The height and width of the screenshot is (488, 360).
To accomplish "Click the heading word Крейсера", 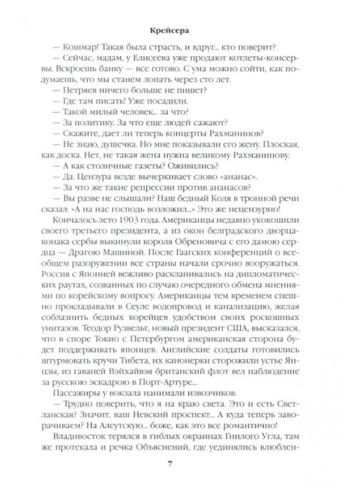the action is pyautogui.click(x=179, y=11).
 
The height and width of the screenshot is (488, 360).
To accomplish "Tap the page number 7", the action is pyautogui.click(x=179, y=468).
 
